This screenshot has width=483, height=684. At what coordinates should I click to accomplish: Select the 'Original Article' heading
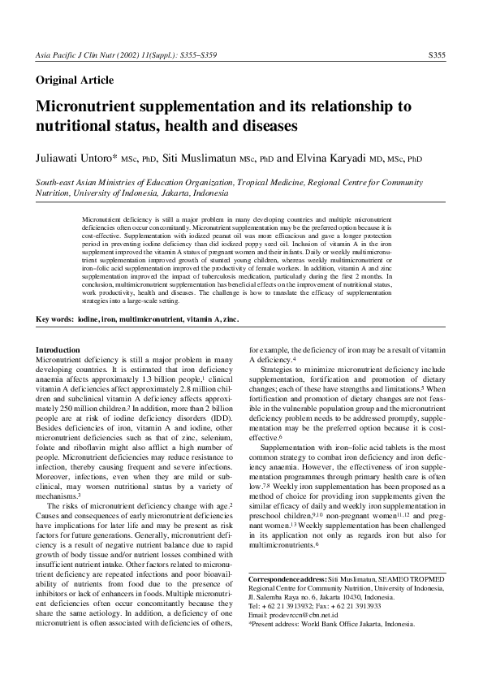click(75, 80)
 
